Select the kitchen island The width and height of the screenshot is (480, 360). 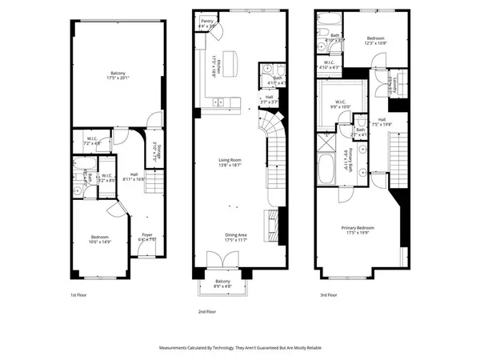coord(234,60)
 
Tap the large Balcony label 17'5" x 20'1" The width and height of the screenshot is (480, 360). coord(116,79)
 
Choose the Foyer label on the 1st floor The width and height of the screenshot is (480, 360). coord(146,238)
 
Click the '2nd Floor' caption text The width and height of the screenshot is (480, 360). coord(207,311)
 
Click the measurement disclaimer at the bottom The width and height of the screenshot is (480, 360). coord(239,350)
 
